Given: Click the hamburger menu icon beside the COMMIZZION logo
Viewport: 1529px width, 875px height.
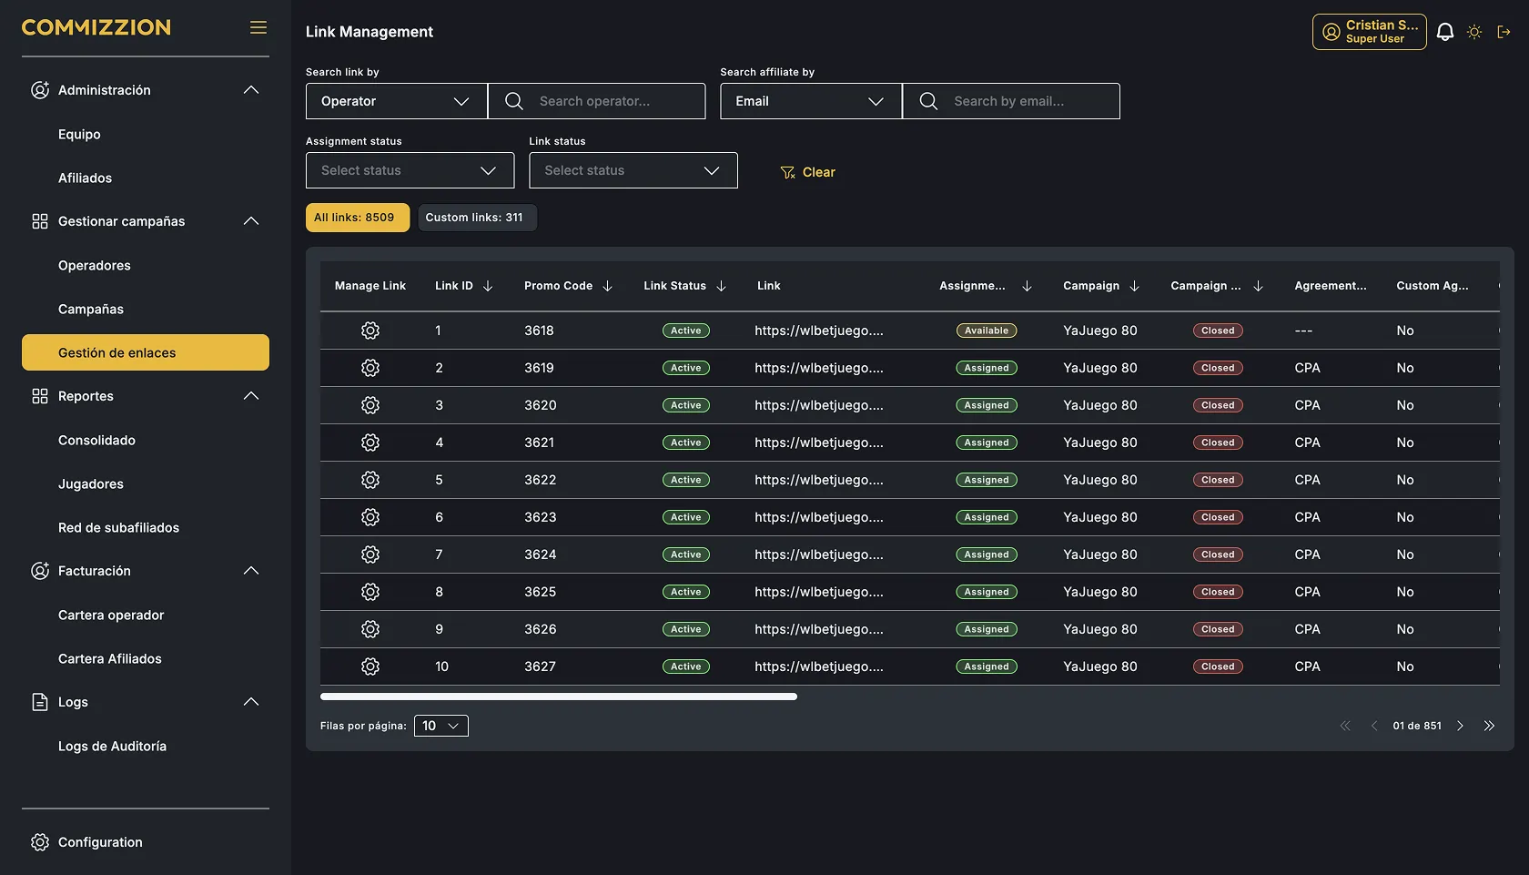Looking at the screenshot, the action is (258, 27).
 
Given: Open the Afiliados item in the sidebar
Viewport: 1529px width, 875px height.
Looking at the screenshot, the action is (85, 178).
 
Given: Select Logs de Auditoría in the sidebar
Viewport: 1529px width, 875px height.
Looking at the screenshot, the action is (112, 746).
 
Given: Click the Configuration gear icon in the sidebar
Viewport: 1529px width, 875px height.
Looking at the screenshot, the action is (40, 842).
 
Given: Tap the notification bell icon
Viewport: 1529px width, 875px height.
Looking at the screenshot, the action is (1445, 32).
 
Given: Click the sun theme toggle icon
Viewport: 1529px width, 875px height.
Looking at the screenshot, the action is (1474, 32).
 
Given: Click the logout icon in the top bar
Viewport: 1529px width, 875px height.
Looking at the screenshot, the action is (1504, 32).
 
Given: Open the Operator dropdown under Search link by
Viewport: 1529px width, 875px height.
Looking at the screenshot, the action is (397, 101).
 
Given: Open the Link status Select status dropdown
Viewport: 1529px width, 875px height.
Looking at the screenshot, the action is (633, 170).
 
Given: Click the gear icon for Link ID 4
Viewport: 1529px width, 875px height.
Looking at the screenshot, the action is (370, 443).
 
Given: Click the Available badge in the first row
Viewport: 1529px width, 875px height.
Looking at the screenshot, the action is (987, 331).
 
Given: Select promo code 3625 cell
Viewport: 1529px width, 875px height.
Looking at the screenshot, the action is (540, 592).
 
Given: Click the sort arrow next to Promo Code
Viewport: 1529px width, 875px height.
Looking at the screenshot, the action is (608, 286).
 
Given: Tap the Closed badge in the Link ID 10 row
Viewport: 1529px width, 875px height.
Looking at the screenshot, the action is (1218, 666).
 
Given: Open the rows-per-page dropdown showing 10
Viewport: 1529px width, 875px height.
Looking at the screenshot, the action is (440, 726).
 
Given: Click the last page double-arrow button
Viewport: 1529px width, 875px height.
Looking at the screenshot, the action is (1489, 726).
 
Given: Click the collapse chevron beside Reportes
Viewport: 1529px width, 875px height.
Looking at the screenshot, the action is (251, 396).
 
